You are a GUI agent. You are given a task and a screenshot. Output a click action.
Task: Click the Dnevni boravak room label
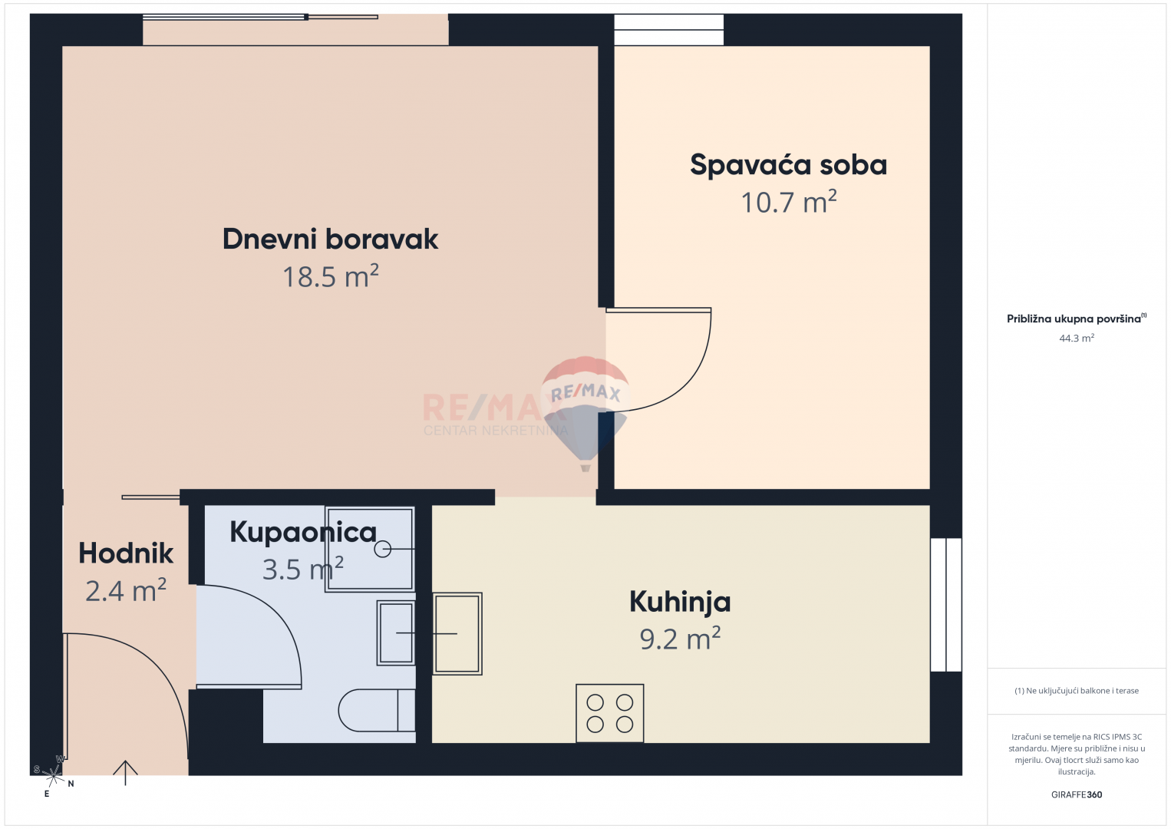pos(330,239)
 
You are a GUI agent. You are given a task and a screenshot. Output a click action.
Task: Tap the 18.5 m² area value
pos(331,276)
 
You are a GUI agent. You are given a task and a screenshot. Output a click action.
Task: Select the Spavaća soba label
pos(788,165)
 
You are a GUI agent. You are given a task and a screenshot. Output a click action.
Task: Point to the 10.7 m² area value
pos(789,202)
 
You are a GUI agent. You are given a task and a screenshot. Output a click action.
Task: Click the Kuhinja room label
pos(680,602)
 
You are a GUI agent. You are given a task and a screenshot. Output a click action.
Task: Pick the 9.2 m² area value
pos(680,639)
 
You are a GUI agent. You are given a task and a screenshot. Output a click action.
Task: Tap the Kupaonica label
pos(303,533)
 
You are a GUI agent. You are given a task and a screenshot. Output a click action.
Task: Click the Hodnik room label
pos(126,553)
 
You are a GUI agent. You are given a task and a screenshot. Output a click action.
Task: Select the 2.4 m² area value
pos(126,591)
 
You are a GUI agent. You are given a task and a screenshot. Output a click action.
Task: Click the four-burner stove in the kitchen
pos(609,713)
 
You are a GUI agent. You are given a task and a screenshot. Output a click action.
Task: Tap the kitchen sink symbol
pos(457,633)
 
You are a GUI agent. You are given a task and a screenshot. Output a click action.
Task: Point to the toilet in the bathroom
pos(376,710)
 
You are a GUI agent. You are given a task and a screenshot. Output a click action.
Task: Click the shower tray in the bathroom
pos(370,549)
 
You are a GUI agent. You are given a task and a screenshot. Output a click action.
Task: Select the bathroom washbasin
pos(396,632)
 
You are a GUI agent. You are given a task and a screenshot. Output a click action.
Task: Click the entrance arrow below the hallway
pos(126,772)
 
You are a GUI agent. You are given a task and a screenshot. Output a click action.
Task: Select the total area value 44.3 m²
pos(1077,339)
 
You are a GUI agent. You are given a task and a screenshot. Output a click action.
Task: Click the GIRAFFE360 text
pos(1077,794)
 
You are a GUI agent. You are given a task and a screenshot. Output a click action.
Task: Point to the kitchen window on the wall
pos(946,605)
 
